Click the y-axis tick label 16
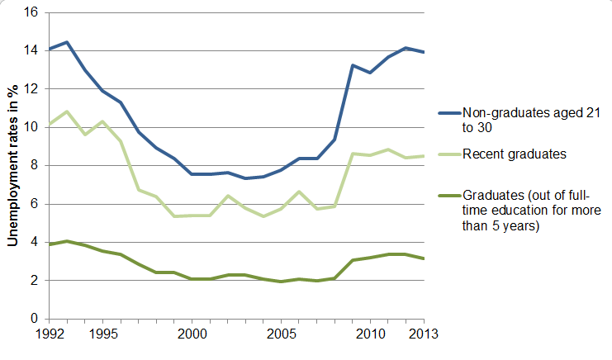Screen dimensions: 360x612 [x=33, y=13]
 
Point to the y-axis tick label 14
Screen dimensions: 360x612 [x=33, y=51]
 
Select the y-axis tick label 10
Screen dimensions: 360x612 [x=33, y=128]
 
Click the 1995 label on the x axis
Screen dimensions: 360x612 [x=102, y=334]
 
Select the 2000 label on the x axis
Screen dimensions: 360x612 [x=192, y=334]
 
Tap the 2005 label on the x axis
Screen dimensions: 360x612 [x=281, y=334]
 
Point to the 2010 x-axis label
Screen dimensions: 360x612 [x=370, y=334]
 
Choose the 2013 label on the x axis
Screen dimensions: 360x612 [x=424, y=334]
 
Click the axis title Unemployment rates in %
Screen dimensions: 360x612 [x=13, y=166]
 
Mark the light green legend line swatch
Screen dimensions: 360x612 [x=448, y=154]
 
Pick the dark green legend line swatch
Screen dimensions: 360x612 [x=448, y=196]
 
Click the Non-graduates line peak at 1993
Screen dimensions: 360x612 [x=67, y=42]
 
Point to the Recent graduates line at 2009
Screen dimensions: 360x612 [x=353, y=154]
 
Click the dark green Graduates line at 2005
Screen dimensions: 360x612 [x=281, y=282]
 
